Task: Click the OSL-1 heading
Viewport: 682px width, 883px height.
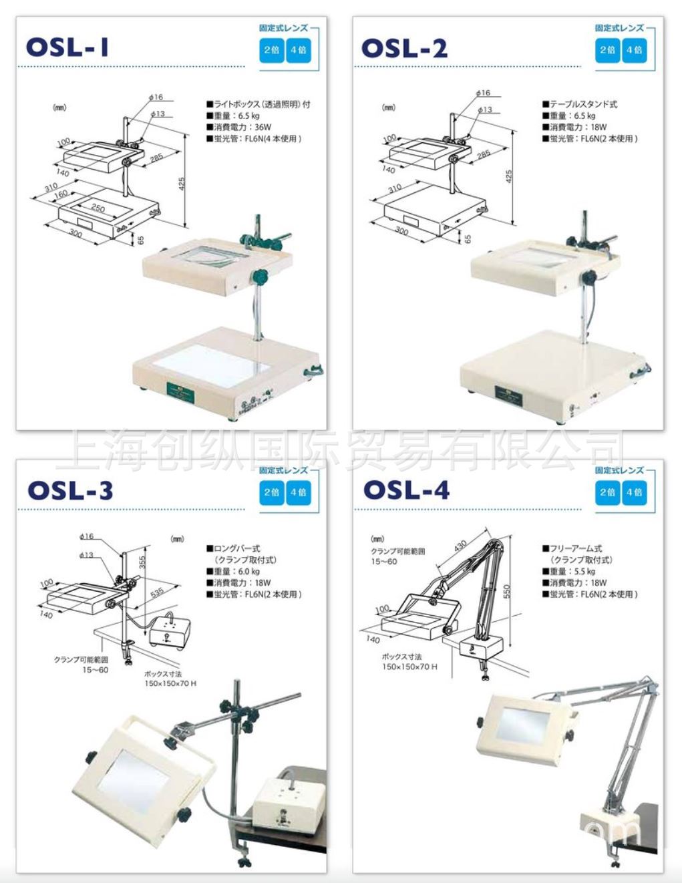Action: pyautogui.click(x=67, y=47)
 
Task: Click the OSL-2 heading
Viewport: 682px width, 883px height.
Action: pyautogui.click(x=404, y=48)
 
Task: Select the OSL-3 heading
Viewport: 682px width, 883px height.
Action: pyautogui.click(x=70, y=490)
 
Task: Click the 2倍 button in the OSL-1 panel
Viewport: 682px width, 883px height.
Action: pyautogui.click(x=271, y=50)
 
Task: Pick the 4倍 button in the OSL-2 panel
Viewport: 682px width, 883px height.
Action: pyautogui.click(x=634, y=50)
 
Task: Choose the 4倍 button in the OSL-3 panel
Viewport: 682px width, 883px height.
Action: pyautogui.click(x=298, y=492)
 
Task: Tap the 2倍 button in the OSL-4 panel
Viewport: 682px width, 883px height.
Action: pyautogui.click(x=607, y=492)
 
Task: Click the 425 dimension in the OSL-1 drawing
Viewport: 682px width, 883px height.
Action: pyautogui.click(x=182, y=182)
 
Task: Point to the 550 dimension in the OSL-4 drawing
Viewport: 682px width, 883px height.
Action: pyautogui.click(x=507, y=591)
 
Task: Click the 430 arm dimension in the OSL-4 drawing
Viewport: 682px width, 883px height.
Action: pyautogui.click(x=461, y=546)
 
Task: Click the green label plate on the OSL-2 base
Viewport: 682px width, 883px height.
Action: pyautogui.click(x=509, y=394)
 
